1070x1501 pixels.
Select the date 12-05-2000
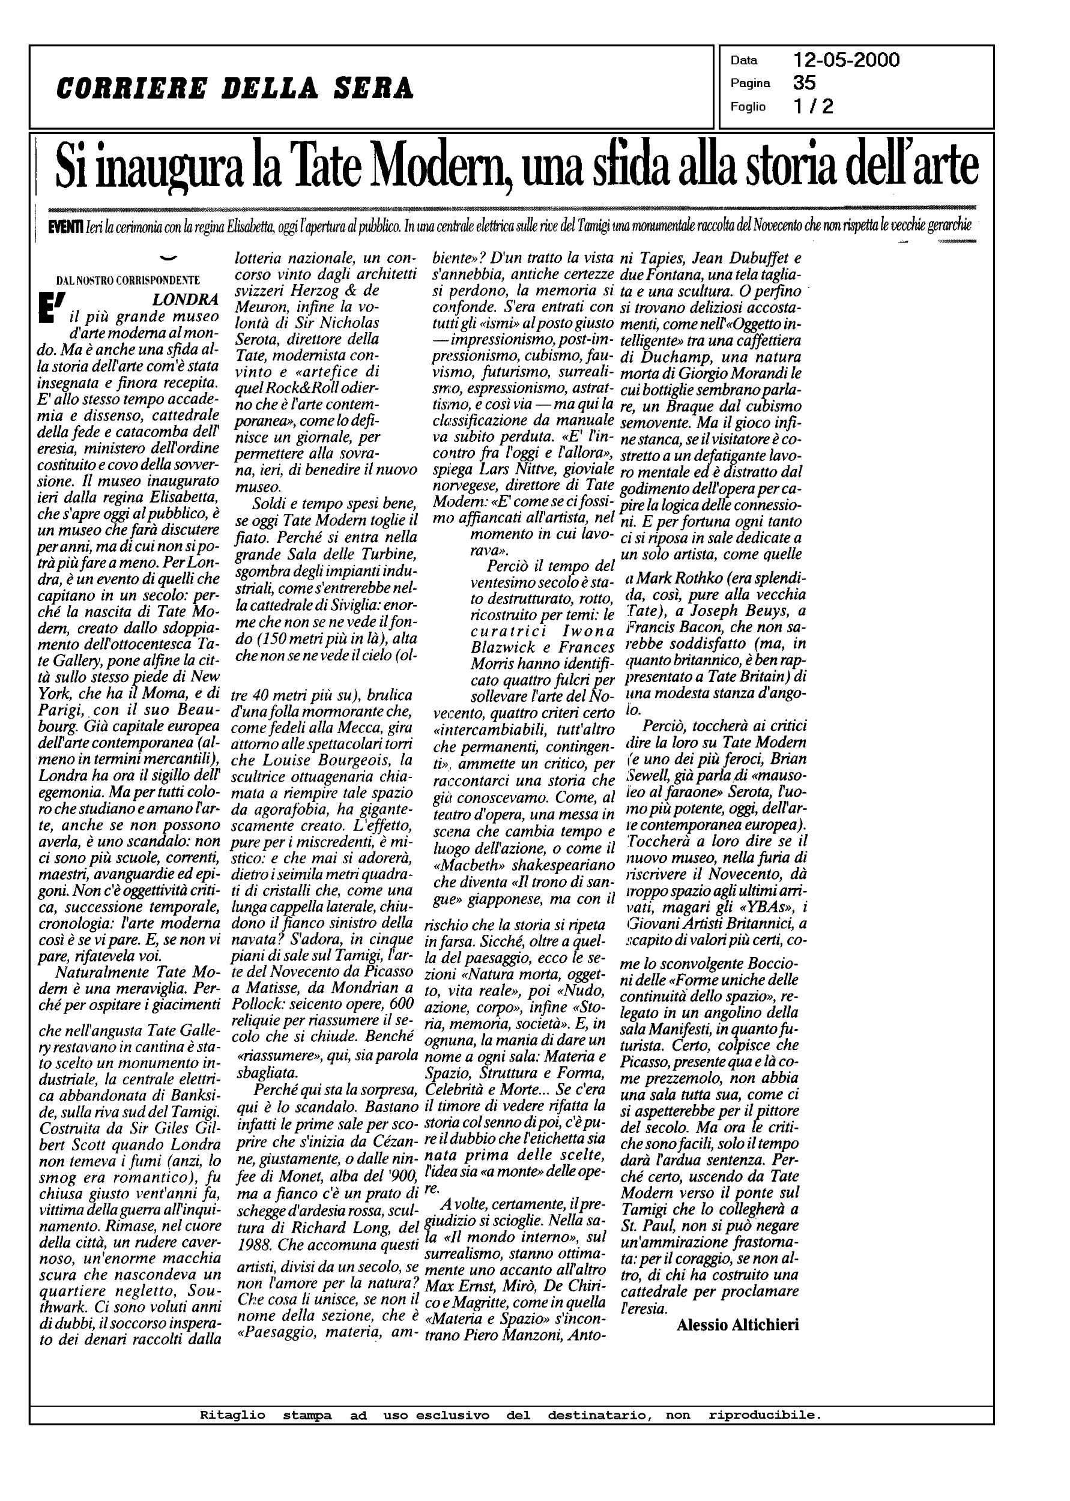click(846, 61)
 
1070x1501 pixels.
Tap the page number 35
click(805, 83)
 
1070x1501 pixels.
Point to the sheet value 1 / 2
click(813, 106)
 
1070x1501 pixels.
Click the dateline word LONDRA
click(184, 300)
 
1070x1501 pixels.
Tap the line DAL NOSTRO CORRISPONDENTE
click(128, 280)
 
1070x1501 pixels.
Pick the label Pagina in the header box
click(750, 83)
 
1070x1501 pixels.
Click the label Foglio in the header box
click(748, 107)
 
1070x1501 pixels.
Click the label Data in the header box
click(744, 61)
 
